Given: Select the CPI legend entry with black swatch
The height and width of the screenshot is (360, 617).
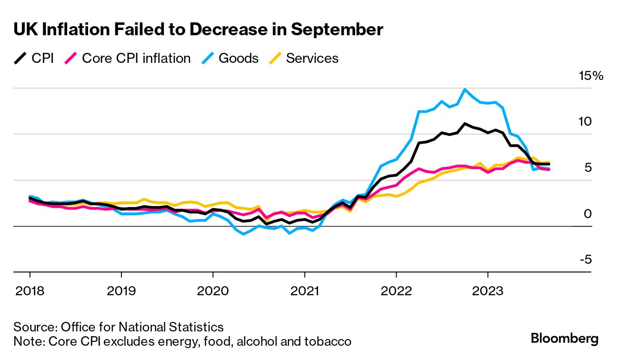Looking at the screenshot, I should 33,59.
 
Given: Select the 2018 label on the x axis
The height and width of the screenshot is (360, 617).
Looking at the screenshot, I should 30,290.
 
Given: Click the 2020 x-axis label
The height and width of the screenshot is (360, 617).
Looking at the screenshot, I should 212,290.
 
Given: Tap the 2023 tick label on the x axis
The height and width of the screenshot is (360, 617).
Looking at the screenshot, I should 488,290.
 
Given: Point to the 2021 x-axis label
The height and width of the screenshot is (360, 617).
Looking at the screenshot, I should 305,290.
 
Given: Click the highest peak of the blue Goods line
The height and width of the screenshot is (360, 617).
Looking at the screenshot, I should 465,89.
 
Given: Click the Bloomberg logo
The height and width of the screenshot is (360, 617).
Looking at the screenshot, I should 565,339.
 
